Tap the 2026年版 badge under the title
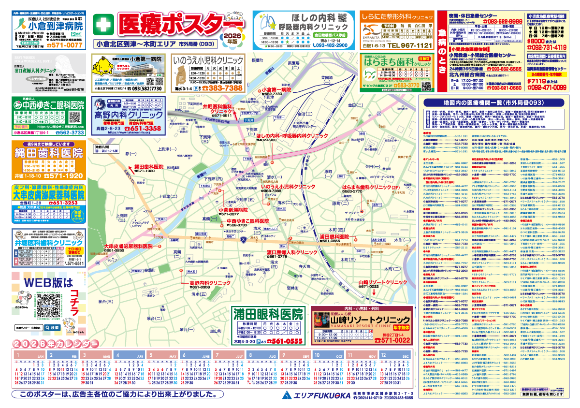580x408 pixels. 232,39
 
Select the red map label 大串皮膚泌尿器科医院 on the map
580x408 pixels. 128,246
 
